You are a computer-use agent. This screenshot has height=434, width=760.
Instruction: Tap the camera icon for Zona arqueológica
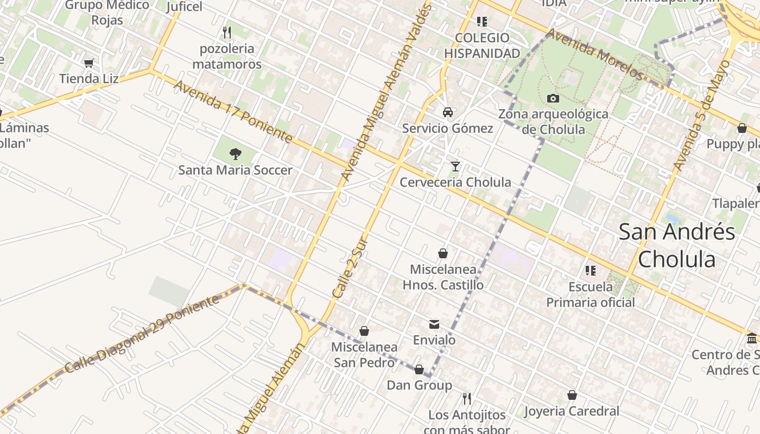pos(553,98)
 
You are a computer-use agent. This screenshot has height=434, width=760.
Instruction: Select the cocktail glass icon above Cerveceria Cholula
pos(455,166)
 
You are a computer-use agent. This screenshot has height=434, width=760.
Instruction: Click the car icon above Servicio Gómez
pos(448,112)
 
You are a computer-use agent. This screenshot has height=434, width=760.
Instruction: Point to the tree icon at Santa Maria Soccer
pos(236,154)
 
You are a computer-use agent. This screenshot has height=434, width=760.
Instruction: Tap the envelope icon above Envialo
pos(434,324)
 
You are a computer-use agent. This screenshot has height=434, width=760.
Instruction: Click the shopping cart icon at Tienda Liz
pos(89,63)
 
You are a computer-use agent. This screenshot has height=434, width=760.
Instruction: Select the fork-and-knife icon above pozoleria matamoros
pos(227,33)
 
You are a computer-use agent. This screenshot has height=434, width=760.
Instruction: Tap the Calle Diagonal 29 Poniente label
pos(142,335)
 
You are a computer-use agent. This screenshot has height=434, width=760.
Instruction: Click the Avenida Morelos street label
pos(594,54)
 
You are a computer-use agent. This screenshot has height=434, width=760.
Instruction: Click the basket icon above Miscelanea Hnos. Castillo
pos(443,253)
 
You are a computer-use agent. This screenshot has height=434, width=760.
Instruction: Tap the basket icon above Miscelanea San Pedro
pos(364,331)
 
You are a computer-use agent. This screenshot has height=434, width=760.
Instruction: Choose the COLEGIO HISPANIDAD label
pos(482,46)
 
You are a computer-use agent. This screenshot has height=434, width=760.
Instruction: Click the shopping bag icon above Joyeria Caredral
pos(572,395)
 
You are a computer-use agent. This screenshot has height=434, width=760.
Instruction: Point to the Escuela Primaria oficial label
pos(591,295)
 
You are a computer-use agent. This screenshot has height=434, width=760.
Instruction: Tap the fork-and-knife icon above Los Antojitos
pos(467,399)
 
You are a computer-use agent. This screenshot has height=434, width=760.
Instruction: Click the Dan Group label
pos(419,385)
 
